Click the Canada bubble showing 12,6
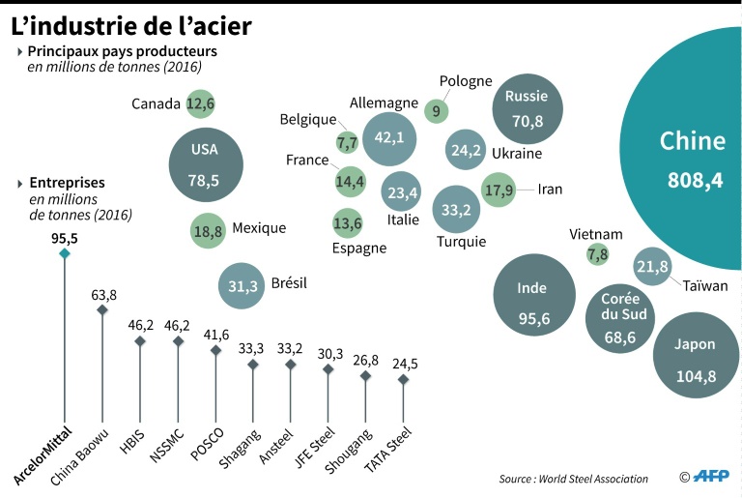[200, 103]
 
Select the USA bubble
[205, 162]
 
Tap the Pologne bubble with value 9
[437, 111]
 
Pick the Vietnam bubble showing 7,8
[597, 254]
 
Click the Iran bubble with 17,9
[499, 190]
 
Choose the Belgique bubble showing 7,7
[347, 142]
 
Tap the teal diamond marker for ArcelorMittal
[64, 253]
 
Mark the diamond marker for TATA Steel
[403, 380]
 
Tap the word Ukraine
[517, 154]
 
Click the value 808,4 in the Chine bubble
[695, 180]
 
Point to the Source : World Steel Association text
[574, 479]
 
